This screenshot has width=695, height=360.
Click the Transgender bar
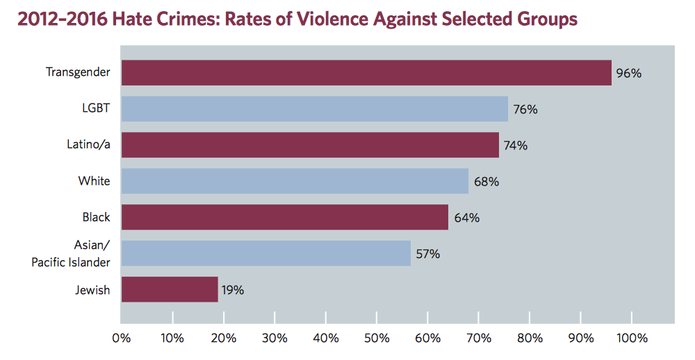366,73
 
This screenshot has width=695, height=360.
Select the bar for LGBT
314,109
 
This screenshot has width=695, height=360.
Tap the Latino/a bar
310,145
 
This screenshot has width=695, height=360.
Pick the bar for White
295,181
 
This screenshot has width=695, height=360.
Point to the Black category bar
284,218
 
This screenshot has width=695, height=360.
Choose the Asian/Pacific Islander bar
265,254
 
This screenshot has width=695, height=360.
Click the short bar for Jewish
170,290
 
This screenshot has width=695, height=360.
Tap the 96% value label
628,73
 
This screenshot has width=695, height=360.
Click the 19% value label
233,290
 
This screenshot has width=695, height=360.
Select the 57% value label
427,254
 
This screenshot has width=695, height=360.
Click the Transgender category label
78,72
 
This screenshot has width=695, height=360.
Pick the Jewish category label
92,290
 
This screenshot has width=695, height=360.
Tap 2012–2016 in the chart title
59,19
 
